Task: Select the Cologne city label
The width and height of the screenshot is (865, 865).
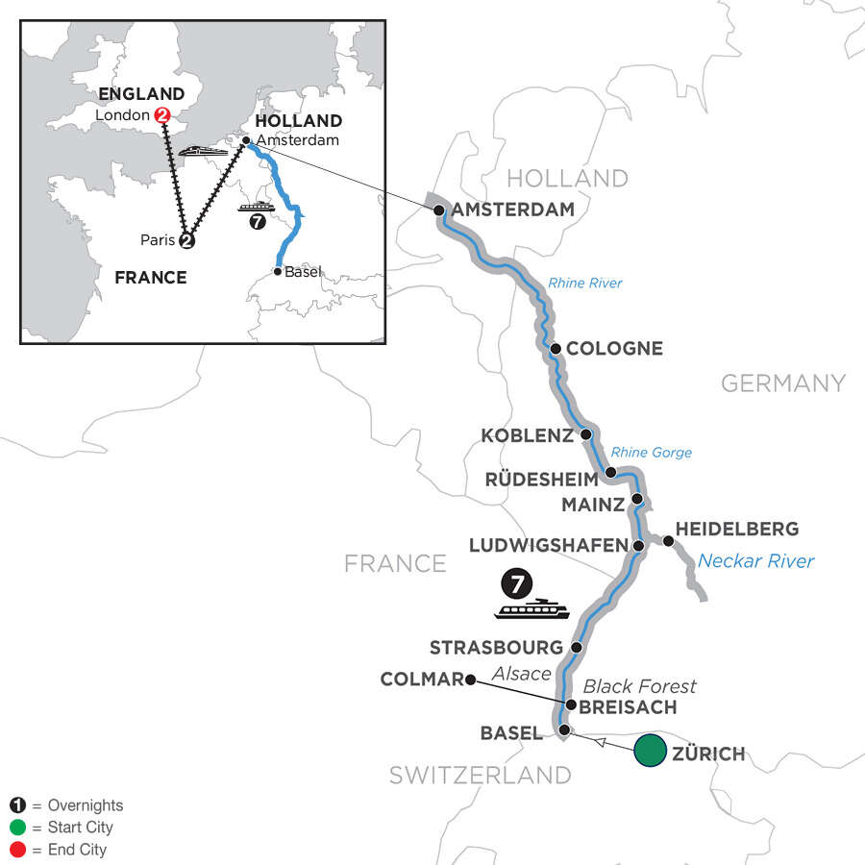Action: tap(614, 349)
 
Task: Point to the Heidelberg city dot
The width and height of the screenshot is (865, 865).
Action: tap(668, 541)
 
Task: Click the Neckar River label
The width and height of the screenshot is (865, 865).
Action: tap(755, 561)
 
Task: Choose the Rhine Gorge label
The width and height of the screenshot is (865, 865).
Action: tap(651, 453)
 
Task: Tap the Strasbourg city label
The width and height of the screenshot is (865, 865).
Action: tap(494, 647)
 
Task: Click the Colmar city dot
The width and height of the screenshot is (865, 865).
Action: tap(470, 680)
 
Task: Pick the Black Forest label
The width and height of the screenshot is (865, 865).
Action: tap(639, 686)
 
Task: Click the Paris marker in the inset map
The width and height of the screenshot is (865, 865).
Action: tap(187, 241)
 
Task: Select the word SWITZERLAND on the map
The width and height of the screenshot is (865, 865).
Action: tap(480, 775)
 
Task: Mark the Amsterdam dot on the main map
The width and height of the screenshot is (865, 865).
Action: tap(439, 210)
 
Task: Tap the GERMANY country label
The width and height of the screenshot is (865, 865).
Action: tap(782, 383)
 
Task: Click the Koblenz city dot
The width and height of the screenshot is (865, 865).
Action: tap(585, 434)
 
